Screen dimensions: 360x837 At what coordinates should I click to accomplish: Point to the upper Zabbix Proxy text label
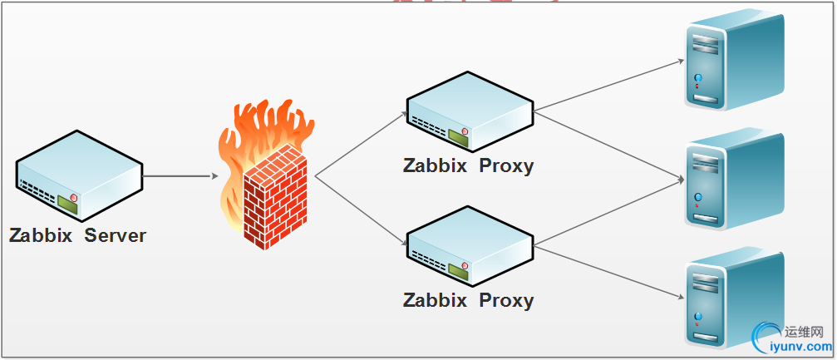coord(468,165)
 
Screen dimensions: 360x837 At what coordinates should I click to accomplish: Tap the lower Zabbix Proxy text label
coord(468,300)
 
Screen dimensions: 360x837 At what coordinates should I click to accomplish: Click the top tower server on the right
coord(732,62)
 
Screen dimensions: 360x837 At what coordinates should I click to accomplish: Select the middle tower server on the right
coord(732,180)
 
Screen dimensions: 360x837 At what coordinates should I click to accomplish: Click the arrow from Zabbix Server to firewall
coord(179,176)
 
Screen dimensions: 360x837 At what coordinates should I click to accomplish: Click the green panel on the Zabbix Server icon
coord(66,201)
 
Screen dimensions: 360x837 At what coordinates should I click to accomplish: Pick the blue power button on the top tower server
coord(698,77)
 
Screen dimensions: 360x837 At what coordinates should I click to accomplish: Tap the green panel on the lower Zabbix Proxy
coord(457,269)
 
